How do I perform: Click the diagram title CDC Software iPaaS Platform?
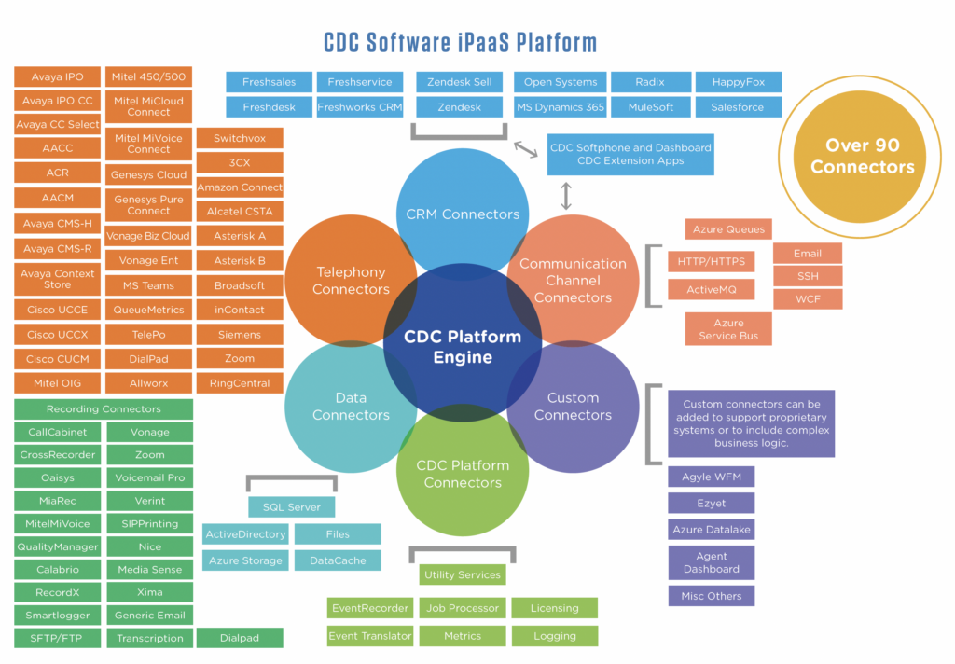point(460,42)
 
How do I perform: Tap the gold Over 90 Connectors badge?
point(862,156)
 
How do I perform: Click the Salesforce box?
point(738,107)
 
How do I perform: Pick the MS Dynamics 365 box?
point(560,107)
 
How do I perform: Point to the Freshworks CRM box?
point(360,107)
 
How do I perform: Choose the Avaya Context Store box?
point(57,279)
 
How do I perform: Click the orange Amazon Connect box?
point(240,187)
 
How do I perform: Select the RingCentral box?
point(240,383)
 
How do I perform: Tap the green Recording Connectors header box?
point(104,409)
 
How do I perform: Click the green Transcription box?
point(149,639)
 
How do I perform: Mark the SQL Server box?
point(291,507)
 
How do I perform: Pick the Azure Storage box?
point(245,560)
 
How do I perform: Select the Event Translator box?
point(369,636)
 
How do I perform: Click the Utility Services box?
point(463,574)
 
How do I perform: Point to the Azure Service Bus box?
point(728,329)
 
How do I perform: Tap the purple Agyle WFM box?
point(711,477)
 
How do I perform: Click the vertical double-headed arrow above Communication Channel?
point(566,196)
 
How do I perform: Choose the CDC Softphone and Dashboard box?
point(630,154)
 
